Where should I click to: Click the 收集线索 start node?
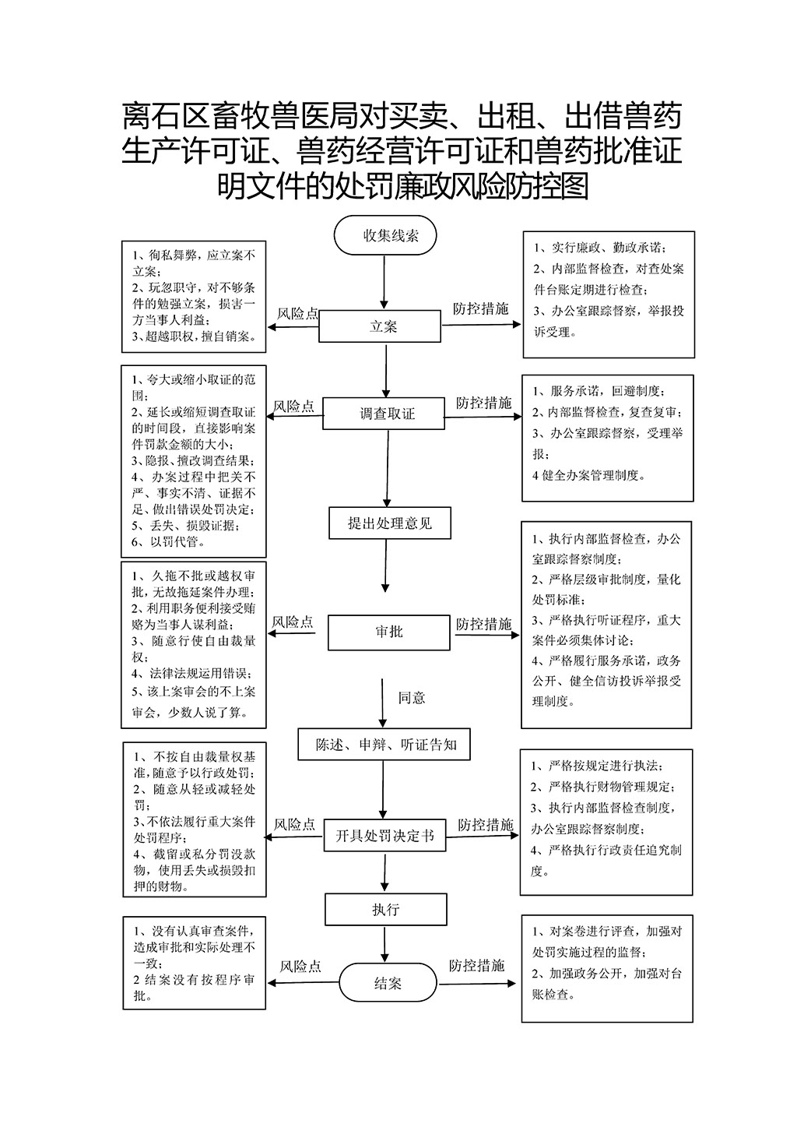pos(384,235)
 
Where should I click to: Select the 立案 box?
pos(380,326)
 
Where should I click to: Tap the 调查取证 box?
pos(384,414)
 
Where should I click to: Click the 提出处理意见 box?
pos(390,523)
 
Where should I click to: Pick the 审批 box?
pos(389,632)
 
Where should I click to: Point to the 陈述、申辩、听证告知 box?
pos(384,745)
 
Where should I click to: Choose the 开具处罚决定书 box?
pos(384,835)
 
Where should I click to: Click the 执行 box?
pos(386,909)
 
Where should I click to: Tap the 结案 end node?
pos(388,983)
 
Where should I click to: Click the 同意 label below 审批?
pos(412,698)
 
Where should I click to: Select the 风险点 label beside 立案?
pos(297,313)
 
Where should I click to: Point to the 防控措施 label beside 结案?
pos(476,965)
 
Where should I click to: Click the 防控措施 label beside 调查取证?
pos(483,403)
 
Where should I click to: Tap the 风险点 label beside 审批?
pos(293,622)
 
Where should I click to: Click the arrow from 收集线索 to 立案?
pos(384,283)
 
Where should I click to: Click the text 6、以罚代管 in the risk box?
pos(169,541)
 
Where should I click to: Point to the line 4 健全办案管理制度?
pos(588,475)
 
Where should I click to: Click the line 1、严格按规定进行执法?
pos(597,766)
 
